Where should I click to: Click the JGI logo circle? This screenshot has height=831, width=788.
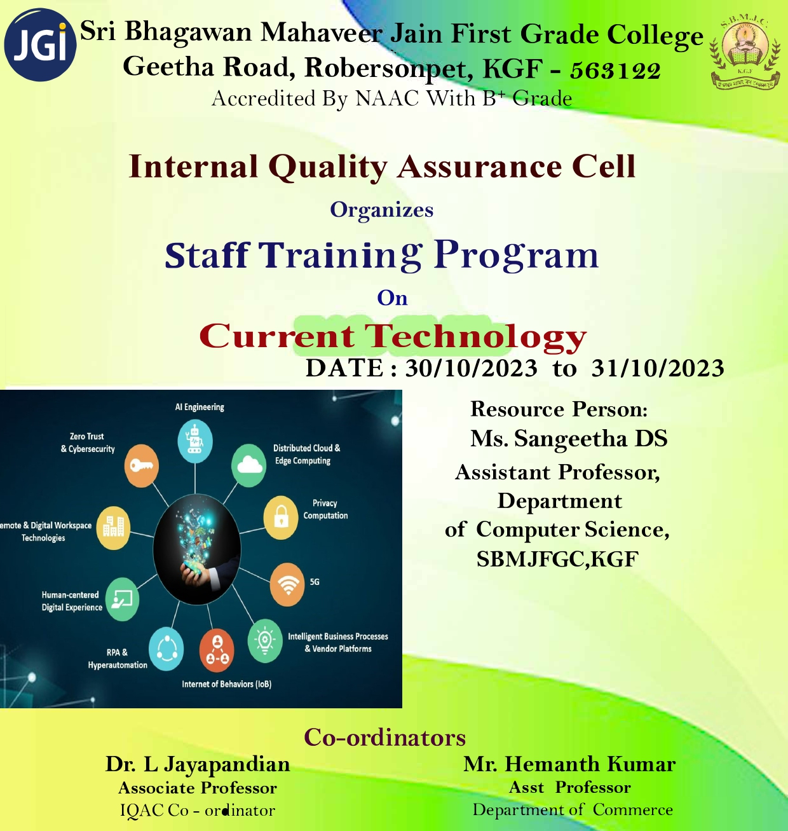[x=40, y=45]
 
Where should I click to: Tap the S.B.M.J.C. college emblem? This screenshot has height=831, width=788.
[x=745, y=53]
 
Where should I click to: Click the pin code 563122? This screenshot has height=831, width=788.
[x=615, y=71]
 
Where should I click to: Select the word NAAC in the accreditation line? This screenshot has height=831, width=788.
[x=387, y=99]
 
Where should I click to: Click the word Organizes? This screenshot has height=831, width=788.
[x=381, y=210]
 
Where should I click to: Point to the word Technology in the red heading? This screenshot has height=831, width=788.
[x=475, y=337]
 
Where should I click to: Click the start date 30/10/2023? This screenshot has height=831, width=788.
[x=472, y=367]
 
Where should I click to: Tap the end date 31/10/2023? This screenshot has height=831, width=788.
[x=658, y=367]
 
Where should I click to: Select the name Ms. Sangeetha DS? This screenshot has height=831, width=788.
[x=569, y=438]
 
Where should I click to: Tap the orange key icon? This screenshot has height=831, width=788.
[x=142, y=466]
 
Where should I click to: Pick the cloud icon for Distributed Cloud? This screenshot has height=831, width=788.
[x=249, y=465]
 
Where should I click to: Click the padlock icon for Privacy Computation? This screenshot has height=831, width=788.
[x=281, y=518]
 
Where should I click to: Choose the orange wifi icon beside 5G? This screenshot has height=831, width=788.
[x=287, y=584]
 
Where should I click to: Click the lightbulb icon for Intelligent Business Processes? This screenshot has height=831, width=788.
[x=265, y=641]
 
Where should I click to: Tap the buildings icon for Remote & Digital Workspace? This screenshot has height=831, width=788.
[x=113, y=528]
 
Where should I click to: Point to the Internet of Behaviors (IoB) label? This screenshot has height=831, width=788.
[x=226, y=684]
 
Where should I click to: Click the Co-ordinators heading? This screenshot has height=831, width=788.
[x=385, y=738]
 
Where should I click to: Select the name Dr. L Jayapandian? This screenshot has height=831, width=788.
[x=198, y=764]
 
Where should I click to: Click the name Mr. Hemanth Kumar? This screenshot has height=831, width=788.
[x=569, y=764]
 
